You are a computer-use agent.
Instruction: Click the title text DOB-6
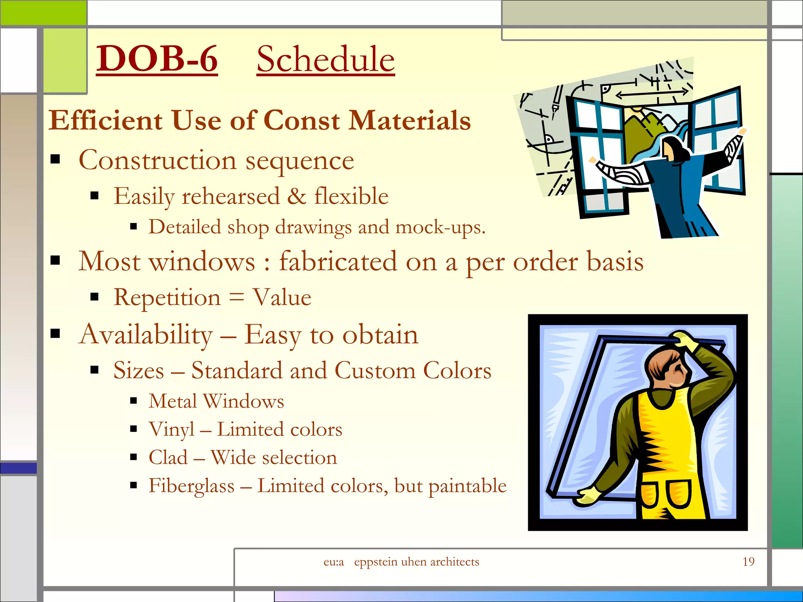(x=157, y=59)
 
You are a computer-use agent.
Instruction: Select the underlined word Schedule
(x=325, y=60)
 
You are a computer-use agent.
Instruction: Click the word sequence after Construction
(x=300, y=161)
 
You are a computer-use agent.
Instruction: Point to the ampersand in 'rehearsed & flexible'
(x=296, y=196)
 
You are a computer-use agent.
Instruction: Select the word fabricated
(x=338, y=261)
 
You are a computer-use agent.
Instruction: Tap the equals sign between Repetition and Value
(x=236, y=297)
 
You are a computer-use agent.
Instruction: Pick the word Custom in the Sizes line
(x=375, y=370)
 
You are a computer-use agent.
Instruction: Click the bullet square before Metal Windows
(x=133, y=401)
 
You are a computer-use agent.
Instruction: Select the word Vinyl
(x=171, y=430)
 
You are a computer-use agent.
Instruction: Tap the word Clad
(x=168, y=457)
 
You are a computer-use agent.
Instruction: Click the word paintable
(x=467, y=486)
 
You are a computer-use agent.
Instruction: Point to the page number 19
(x=748, y=562)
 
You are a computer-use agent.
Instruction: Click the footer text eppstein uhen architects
(x=416, y=562)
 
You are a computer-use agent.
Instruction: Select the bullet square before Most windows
(x=55, y=260)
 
